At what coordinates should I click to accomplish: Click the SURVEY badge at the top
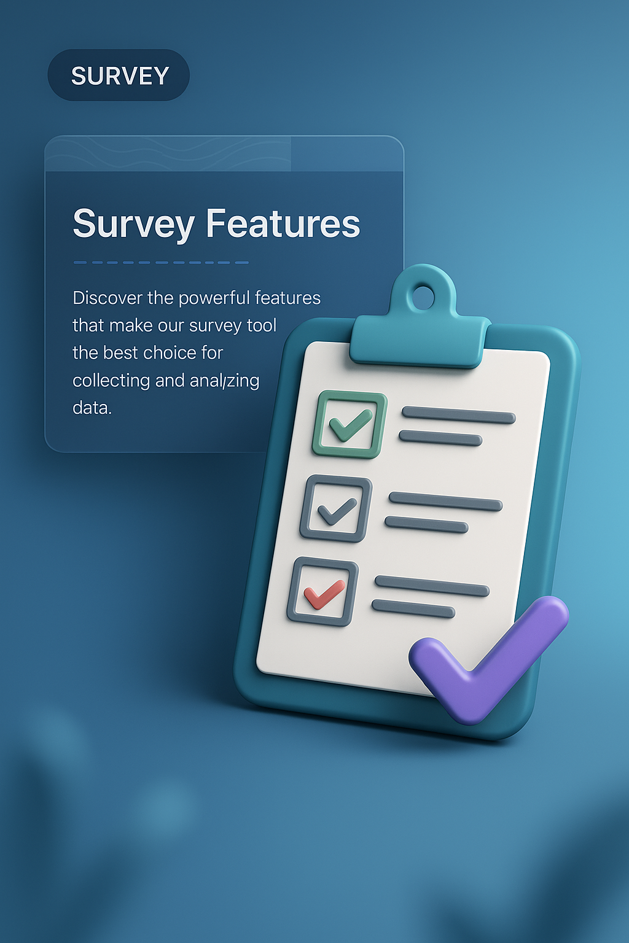click(119, 76)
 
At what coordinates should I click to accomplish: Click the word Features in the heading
click(283, 223)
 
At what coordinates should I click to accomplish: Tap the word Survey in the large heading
click(133, 225)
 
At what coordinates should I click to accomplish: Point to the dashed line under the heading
click(161, 263)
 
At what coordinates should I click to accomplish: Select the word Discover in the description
click(107, 298)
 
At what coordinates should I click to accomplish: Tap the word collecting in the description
click(111, 381)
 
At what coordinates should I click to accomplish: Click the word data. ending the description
click(92, 408)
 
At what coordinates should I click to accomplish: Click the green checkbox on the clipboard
click(350, 425)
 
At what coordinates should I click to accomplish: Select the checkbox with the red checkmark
click(322, 592)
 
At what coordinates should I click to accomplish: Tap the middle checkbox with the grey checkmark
click(336, 509)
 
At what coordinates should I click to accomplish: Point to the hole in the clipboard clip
click(423, 297)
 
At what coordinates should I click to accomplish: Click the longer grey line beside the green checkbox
click(458, 416)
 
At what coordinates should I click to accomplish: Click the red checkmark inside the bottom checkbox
click(324, 594)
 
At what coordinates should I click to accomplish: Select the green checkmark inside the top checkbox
click(351, 425)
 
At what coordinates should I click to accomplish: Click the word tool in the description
click(262, 325)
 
